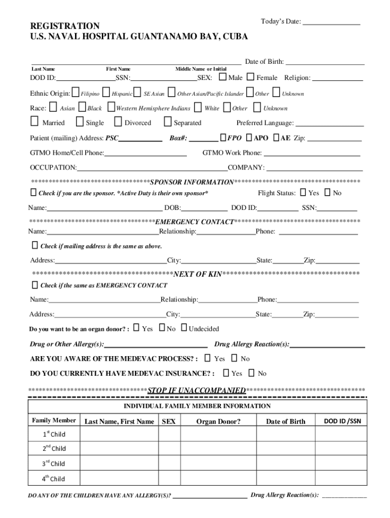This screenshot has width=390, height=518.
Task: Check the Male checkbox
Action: [223, 77]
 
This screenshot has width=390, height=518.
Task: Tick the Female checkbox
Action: [251, 77]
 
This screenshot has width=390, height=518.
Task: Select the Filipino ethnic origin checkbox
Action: [76, 93]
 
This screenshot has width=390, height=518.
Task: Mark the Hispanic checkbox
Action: [106, 93]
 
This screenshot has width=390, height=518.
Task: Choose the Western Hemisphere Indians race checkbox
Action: [111, 107]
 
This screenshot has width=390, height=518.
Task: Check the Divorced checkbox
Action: [118, 122]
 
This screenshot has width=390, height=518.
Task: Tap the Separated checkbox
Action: [168, 122]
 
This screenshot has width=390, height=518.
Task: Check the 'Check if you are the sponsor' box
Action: [33, 192]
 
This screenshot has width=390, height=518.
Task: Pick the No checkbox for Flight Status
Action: [327, 192]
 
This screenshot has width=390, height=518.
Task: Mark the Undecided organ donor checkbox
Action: [184, 328]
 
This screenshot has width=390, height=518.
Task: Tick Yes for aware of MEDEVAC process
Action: [208, 358]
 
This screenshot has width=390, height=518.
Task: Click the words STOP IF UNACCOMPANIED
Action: [197, 391]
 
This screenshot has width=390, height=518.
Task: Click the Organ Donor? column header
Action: [218, 421]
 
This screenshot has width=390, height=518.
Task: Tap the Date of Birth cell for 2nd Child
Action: [286, 448]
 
